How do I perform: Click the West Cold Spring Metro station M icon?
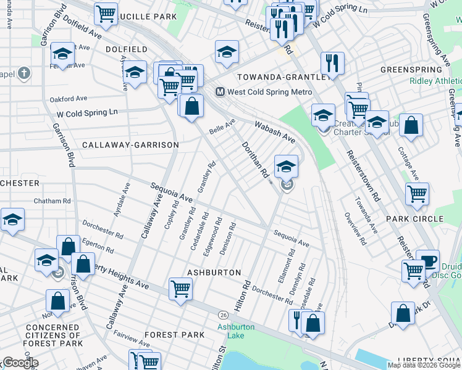pyautogui.click(x=219, y=92)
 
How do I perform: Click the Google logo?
pyautogui.click(x=20, y=363)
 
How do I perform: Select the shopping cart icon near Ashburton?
pyautogui.click(x=180, y=287)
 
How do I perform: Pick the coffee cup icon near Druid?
pyautogui.click(x=427, y=260)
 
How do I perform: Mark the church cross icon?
pyautogui.click(x=24, y=75)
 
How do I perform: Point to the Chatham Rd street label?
pyautogui.click(x=52, y=201)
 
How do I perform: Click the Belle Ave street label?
pyautogui.click(x=222, y=126)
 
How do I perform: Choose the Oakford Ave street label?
pyautogui.click(x=69, y=98)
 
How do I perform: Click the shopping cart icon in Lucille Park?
pyautogui.click(x=106, y=13)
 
